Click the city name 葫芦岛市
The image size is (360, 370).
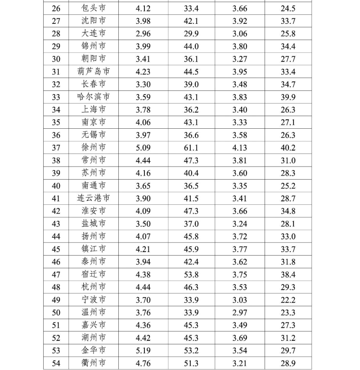click(x=94, y=72)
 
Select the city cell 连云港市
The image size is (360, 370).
click(x=94, y=198)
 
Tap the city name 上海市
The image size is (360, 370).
click(x=94, y=109)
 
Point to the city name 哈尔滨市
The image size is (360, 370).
click(x=94, y=97)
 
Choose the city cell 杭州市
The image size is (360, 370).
click(x=94, y=287)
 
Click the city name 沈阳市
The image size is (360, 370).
click(x=94, y=21)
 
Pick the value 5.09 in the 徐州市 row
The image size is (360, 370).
click(x=143, y=148)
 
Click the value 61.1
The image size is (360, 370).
click(x=191, y=148)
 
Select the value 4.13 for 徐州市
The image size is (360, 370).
click(x=240, y=148)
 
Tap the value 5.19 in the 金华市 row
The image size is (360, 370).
click(x=143, y=350)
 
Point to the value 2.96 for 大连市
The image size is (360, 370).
click(x=143, y=34)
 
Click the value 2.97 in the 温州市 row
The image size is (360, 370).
click(x=240, y=312)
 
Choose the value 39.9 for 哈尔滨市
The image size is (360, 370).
click(x=288, y=97)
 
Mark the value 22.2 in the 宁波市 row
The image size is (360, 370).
click(x=288, y=300)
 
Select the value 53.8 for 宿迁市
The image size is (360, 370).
click(x=191, y=274)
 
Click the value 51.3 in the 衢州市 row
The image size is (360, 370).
click(x=191, y=363)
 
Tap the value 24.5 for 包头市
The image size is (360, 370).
click(x=288, y=8)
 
